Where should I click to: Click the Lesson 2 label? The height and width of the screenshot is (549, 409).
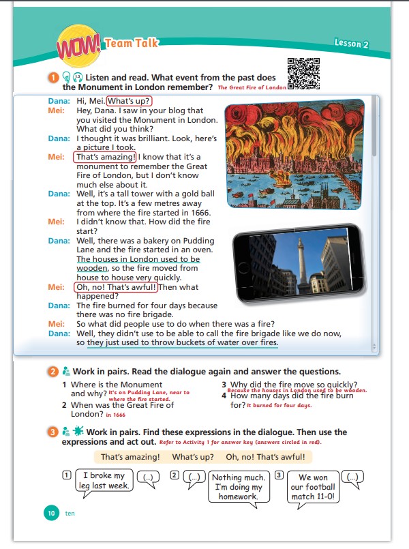pos(350,44)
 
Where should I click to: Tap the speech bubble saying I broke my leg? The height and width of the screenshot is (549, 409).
pos(104,480)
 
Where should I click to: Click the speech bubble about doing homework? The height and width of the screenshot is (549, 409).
pos(236,487)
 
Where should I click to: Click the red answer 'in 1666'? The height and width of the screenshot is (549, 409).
pos(115,415)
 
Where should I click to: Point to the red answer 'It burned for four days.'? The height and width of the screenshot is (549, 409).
pos(279,406)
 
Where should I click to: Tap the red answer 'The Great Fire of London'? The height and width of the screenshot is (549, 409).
pos(252,88)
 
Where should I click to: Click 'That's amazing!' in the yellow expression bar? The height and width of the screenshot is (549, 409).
pos(130,457)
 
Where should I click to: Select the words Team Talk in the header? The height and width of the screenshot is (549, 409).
pos(132,43)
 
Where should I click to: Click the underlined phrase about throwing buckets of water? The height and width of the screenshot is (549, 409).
pos(183,342)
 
